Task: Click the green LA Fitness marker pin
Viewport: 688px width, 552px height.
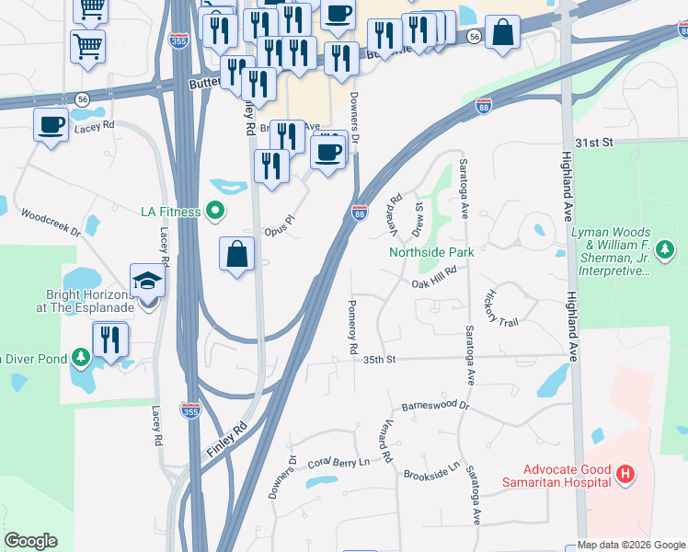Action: [x=216, y=213]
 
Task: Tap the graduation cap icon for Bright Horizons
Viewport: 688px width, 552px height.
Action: [x=147, y=282]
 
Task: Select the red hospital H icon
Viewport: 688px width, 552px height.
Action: [x=625, y=476]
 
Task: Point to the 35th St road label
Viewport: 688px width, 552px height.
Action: [x=378, y=360]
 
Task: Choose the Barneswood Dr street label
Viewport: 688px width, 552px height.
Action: [x=435, y=406]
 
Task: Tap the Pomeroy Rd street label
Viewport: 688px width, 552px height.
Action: [x=351, y=328]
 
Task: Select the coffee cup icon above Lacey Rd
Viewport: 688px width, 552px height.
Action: [x=51, y=123]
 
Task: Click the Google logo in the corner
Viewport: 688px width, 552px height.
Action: [x=30, y=541]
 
